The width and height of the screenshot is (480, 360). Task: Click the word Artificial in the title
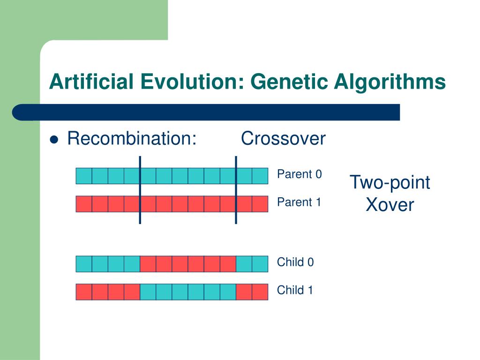(x=91, y=82)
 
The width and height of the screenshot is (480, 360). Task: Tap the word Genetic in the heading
(x=289, y=82)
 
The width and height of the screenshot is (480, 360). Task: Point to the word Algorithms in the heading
(x=390, y=82)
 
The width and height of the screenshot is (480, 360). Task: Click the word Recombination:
(x=132, y=138)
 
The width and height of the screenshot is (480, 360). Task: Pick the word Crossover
(x=283, y=138)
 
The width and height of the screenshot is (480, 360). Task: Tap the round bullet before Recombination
(x=54, y=140)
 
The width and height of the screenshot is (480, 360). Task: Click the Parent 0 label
(x=300, y=174)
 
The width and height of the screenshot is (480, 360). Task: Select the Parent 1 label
(x=299, y=202)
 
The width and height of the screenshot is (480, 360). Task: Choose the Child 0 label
(x=295, y=262)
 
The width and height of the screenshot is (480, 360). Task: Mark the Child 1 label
(x=295, y=290)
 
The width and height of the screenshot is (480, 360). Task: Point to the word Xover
(x=390, y=204)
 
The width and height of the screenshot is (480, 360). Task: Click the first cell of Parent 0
(x=84, y=176)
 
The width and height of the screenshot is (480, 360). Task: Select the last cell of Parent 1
(x=260, y=204)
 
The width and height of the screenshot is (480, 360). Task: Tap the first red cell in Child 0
(x=148, y=264)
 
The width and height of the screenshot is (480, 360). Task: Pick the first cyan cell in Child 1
(x=148, y=292)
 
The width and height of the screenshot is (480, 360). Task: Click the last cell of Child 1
(x=260, y=292)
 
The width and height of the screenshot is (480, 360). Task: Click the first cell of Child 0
(x=84, y=264)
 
